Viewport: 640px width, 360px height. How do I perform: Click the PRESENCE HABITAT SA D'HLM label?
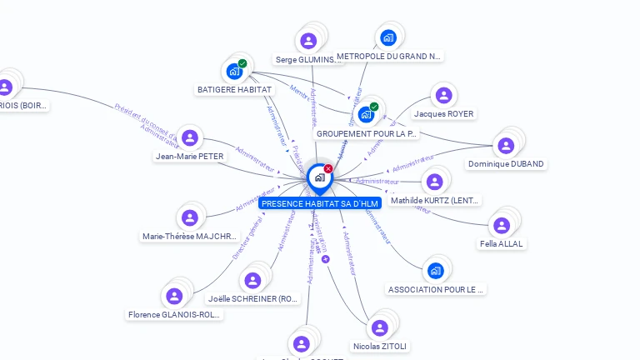pos(320,203)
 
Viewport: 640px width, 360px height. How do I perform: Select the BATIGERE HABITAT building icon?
pos(234,72)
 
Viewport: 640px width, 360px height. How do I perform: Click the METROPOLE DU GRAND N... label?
pos(389,57)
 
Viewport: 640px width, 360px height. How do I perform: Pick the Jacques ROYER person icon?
pos(443,96)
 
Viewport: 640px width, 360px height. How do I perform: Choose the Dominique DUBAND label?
pos(506,164)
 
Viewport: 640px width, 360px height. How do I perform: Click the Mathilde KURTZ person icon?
pos(433,182)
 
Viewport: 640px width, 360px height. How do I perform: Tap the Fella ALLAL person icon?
pos(501,225)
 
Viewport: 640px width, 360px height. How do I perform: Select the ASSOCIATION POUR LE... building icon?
pos(435,271)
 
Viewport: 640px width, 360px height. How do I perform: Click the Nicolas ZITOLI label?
pos(381,346)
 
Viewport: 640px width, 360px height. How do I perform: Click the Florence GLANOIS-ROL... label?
pos(175,315)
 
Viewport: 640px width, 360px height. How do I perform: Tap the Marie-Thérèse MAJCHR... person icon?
pos(190,217)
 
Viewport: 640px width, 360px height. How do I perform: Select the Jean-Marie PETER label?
pos(190,156)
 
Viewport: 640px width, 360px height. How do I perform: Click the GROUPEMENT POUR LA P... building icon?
pos(366,115)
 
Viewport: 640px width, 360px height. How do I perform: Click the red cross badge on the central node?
pos(328,169)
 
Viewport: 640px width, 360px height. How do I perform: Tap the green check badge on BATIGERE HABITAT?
pos(242,63)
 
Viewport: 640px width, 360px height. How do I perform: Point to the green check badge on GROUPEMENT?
pos(374,107)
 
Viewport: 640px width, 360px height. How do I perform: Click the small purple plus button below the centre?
pos(326,259)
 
